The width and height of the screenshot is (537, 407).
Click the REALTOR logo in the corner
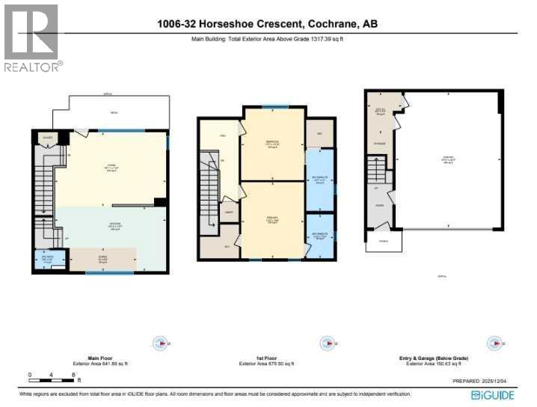click(31, 37)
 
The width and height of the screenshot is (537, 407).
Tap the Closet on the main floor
click(48, 138)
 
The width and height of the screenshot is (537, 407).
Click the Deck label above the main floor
click(114, 113)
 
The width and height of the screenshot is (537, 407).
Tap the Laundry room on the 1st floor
click(230, 212)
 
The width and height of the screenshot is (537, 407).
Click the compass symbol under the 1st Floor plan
click(326, 344)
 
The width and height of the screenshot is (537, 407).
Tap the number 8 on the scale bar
click(73, 374)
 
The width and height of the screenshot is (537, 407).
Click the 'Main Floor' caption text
click(95, 359)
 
